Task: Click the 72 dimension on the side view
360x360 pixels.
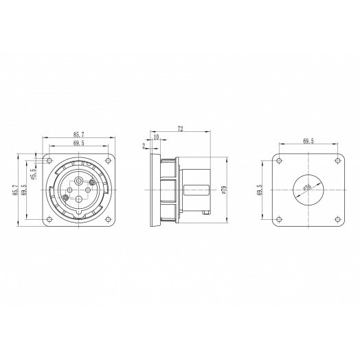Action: pos(181,128)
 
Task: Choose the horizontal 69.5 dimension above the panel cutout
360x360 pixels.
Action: pos(308,142)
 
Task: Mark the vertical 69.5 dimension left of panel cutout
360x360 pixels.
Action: pos(260,188)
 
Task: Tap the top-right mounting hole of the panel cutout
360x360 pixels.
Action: pos(335,159)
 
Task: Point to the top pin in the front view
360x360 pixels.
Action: pos(78,180)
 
